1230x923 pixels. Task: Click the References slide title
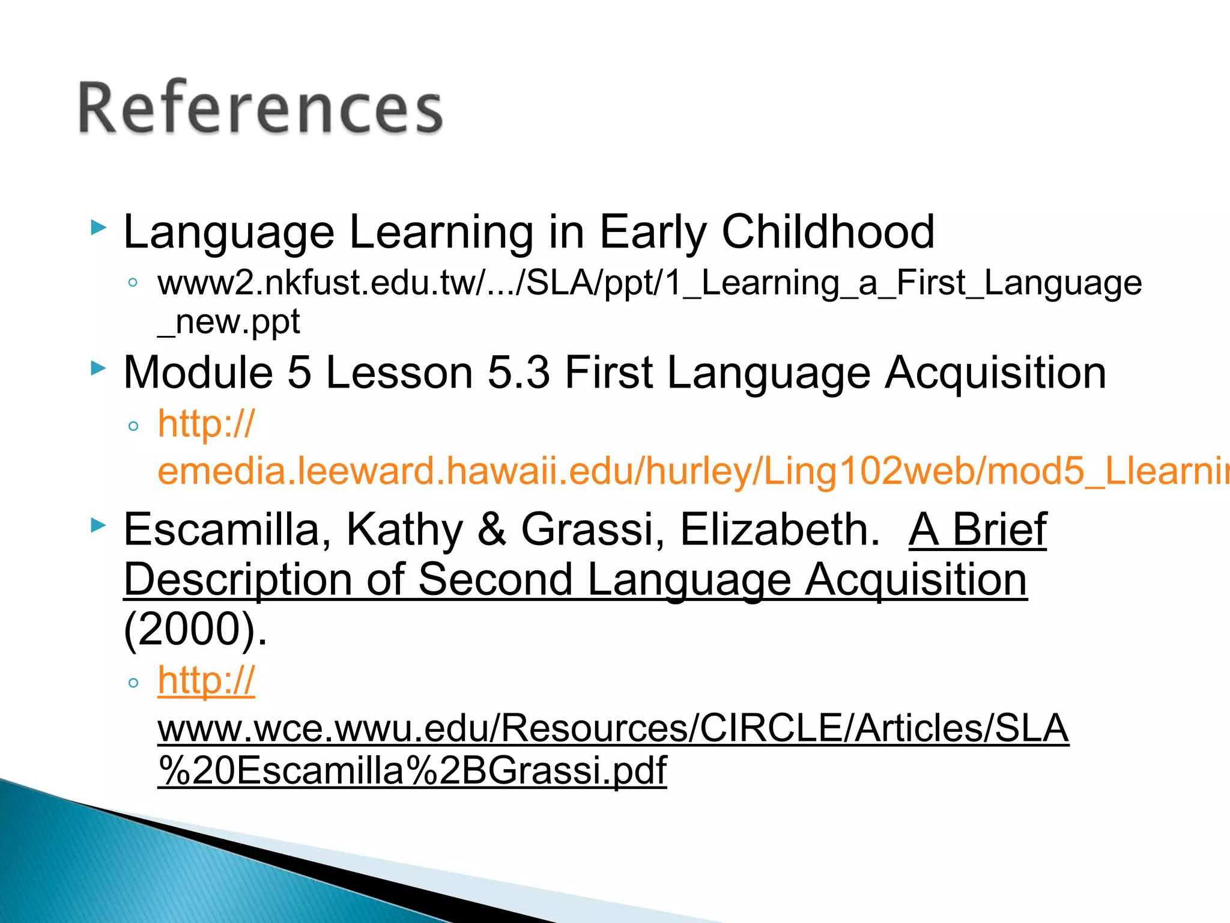261,108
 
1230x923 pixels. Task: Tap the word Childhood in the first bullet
828,232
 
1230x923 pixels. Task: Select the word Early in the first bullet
653,232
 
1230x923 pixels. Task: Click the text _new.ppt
228,322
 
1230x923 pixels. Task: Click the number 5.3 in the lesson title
518,373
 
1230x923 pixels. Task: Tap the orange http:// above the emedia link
206,424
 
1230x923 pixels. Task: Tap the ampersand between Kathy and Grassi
492,530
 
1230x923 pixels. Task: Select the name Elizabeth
780,530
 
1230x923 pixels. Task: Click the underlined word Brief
999,530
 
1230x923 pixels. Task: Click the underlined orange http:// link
206,681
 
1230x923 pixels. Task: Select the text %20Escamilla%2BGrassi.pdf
412,770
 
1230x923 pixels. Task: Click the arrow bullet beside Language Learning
98,228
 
